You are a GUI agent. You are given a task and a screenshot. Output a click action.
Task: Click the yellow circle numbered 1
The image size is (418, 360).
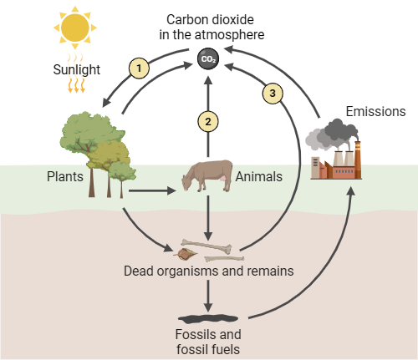139,68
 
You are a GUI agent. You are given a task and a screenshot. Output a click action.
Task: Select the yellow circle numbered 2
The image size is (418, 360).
208,122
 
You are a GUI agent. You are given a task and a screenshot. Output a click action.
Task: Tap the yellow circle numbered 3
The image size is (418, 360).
273,94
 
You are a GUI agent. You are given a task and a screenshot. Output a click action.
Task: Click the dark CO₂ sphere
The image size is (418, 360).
208,58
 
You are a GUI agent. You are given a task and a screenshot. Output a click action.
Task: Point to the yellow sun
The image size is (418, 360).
75,28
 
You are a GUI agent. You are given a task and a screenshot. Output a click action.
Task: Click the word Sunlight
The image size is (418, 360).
77,69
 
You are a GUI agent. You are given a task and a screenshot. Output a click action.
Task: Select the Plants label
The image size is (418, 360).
65,176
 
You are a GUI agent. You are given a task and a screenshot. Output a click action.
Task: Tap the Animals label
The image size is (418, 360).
259,176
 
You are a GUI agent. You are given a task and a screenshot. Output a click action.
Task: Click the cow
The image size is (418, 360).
207,175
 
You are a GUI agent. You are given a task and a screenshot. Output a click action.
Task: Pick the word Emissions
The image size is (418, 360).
375,111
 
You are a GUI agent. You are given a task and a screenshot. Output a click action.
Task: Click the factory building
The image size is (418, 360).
336,165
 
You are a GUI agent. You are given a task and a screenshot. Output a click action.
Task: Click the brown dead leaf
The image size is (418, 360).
186,254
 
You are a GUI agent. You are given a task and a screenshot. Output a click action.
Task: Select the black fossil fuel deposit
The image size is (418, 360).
208,319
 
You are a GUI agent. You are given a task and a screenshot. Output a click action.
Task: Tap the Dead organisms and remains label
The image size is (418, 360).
209,271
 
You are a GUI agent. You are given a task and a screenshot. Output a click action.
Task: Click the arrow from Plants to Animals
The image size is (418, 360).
152,191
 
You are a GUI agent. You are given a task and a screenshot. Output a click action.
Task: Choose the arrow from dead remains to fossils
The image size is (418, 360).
208,296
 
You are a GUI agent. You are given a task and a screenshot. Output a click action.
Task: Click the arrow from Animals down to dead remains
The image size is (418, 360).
208,218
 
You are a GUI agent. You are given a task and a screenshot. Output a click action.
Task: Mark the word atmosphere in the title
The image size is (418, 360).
229,35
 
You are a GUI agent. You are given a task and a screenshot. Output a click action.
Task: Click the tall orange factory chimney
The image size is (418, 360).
358,159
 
